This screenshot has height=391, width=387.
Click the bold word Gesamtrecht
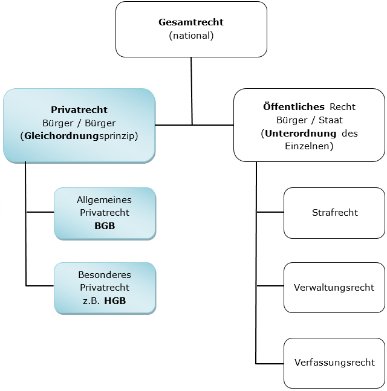pos(191,22)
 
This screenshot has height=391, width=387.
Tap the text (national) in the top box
pos(191,36)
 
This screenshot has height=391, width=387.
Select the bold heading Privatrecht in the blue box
pos(79,110)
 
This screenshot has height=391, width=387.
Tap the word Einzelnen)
pos(309,146)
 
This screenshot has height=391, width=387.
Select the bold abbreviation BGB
pos(105,226)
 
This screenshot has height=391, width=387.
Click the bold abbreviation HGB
pos(115,300)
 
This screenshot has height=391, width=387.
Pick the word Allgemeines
pos(105,199)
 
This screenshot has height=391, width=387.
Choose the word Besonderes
pos(105,274)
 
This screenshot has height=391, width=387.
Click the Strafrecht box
pos(334,213)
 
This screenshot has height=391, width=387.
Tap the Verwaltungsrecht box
pos(334,288)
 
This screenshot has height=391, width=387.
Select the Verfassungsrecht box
pos(334,363)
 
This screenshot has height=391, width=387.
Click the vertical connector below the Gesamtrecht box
pos(192,91)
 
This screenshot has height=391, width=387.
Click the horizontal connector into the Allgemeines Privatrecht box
pos(40,213)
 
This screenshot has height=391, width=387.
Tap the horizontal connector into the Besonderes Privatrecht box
pos(40,285)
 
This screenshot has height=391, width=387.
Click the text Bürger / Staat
pos(309,120)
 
